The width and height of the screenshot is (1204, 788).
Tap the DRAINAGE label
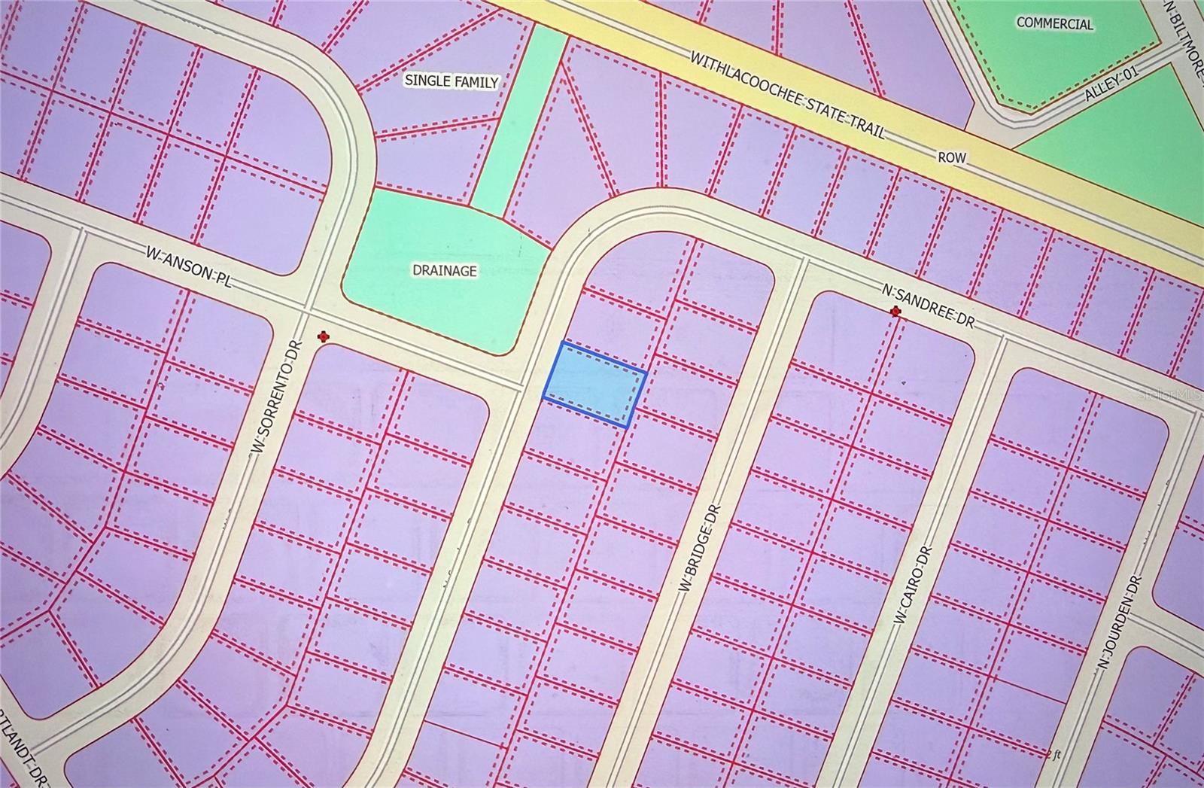[x=444, y=270]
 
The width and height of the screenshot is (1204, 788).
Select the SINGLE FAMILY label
[x=451, y=81]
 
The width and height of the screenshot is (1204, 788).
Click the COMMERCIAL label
[x=1054, y=23]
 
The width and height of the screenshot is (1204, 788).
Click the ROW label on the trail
[x=951, y=158]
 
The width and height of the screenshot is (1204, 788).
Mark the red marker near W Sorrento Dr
[x=324, y=336]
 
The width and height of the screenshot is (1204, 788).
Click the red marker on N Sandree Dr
[x=895, y=312]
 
